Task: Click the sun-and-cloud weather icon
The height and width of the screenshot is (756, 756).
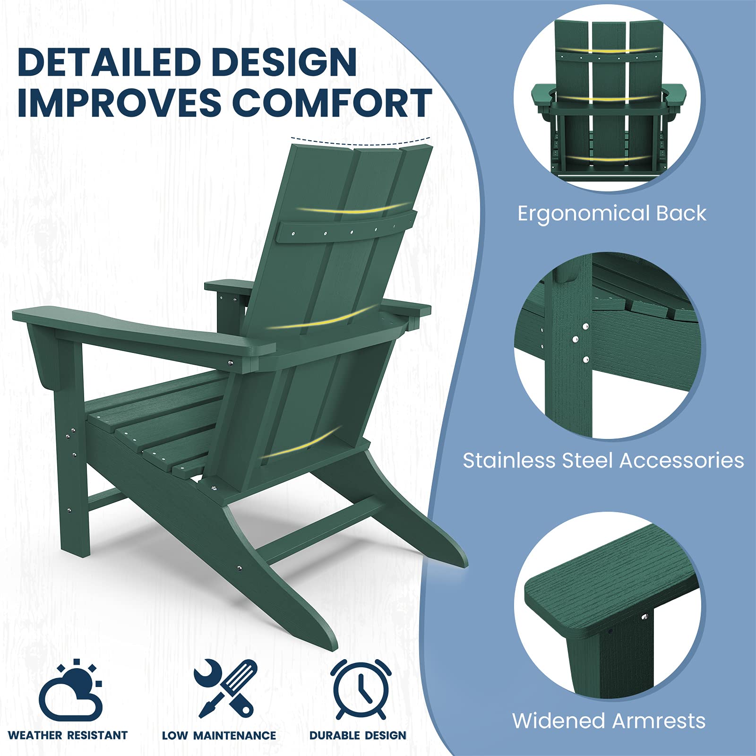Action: [x=71, y=690]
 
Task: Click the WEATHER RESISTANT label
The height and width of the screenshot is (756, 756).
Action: [x=68, y=735]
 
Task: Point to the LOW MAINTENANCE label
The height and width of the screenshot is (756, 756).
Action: [x=219, y=735]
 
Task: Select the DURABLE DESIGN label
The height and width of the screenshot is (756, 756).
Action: [x=358, y=735]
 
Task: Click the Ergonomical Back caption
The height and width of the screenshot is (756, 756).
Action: [x=611, y=213]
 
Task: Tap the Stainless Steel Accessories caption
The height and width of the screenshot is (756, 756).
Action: [x=603, y=460]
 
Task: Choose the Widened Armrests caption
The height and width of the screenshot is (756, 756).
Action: [x=609, y=721]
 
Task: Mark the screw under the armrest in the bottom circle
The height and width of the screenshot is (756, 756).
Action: [x=644, y=617]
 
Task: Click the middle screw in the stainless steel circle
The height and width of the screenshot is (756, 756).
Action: [x=575, y=339]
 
